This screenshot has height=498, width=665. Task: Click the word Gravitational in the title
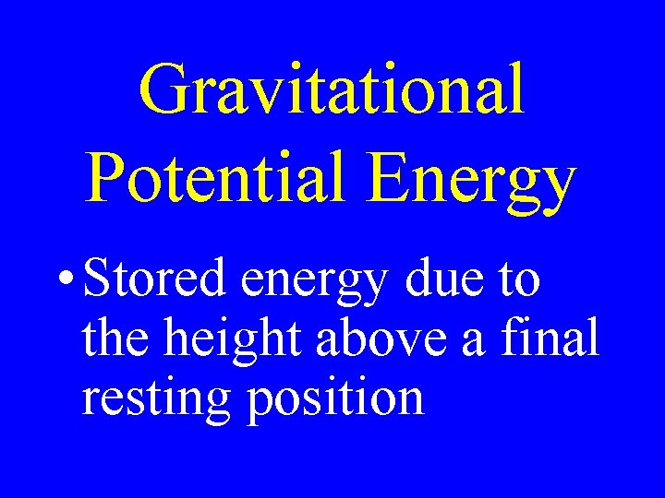(x=332, y=90)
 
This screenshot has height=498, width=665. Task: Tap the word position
(x=337, y=399)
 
